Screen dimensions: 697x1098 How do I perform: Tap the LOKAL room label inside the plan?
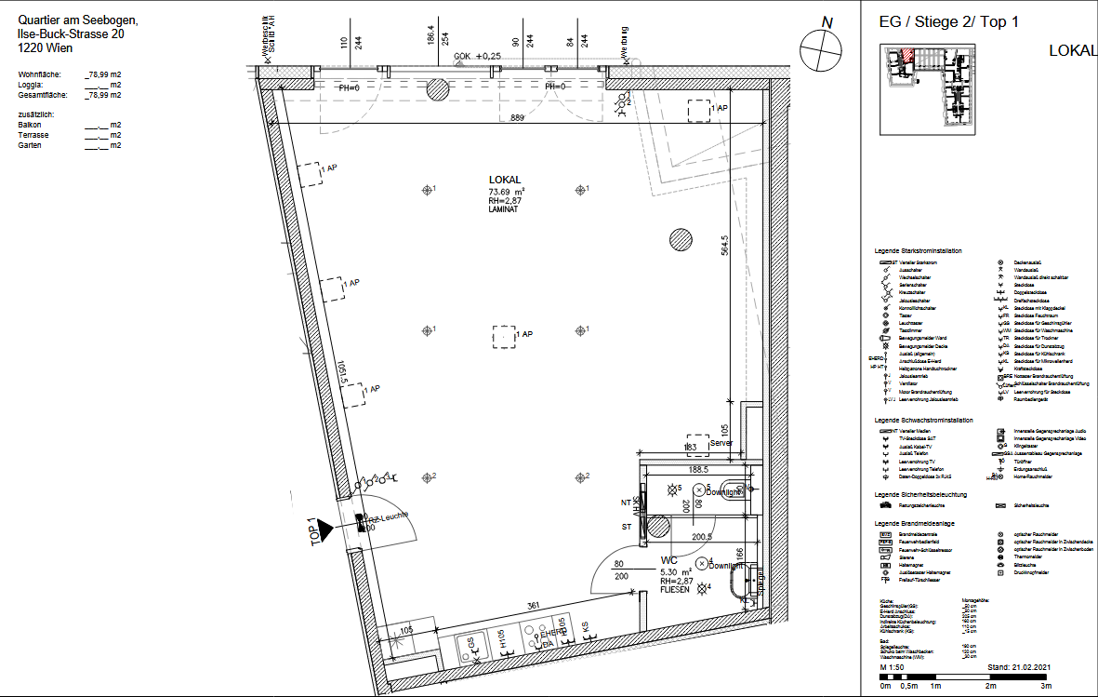(505, 180)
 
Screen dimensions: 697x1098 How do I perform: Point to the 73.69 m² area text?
(508, 191)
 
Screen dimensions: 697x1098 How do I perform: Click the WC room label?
(668, 561)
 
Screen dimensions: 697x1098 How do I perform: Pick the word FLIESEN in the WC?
(675, 590)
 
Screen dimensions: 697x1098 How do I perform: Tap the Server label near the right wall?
(721, 443)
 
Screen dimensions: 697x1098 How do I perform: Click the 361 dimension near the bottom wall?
(535, 606)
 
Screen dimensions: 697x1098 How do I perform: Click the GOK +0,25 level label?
(478, 57)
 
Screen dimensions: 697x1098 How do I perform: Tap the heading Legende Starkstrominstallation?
(918, 251)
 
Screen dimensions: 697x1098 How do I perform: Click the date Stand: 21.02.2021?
(1019, 667)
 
